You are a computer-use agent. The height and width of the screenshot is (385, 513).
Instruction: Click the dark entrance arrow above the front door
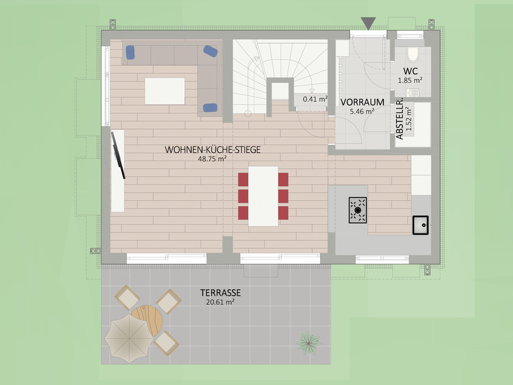[x=368, y=23]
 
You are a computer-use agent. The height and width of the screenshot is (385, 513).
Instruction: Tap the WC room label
[x=410, y=71]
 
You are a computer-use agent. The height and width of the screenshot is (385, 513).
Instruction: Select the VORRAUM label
[x=362, y=102]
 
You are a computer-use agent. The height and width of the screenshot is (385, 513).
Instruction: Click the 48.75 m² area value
[x=212, y=158]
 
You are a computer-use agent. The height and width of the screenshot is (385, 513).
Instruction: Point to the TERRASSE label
[x=221, y=293]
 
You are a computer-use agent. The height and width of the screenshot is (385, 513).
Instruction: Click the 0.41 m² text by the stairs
[x=315, y=99]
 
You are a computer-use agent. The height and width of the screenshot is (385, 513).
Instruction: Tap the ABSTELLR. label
[x=399, y=120]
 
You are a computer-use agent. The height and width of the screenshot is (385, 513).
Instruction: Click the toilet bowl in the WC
[x=413, y=55]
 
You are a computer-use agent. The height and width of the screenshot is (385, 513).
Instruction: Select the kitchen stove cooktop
[x=358, y=210]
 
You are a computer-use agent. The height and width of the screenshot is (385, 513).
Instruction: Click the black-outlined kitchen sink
[x=421, y=225]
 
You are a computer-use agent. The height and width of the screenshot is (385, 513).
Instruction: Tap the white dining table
[x=263, y=196]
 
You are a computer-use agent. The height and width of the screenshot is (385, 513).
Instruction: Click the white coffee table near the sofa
[x=165, y=91]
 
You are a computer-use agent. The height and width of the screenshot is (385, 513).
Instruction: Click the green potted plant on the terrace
[x=308, y=343]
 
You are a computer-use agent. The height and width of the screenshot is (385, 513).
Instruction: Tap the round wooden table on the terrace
[x=148, y=320]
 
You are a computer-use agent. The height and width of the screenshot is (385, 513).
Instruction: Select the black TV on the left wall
[x=118, y=155]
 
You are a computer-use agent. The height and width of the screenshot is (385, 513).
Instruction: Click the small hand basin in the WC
[x=412, y=92]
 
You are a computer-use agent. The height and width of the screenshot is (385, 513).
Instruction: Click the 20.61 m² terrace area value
[x=220, y=302]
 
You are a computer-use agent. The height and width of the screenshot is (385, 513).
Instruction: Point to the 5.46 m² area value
[x=362, y=111]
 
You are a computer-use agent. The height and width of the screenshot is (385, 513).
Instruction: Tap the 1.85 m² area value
[x=410, y=80]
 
